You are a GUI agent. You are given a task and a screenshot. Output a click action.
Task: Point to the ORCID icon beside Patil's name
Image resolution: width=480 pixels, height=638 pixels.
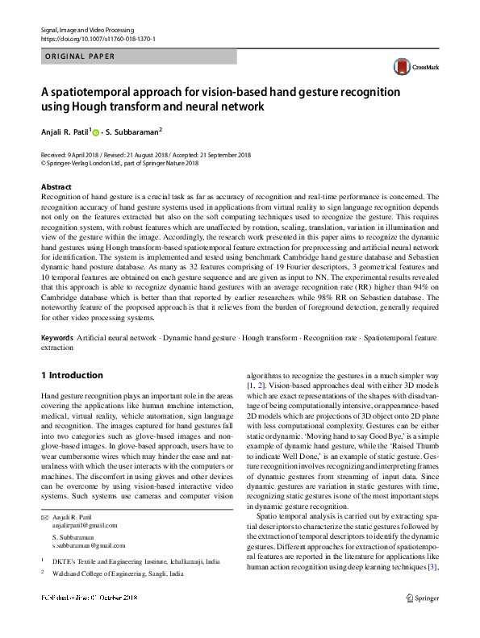click(x=96, y=131)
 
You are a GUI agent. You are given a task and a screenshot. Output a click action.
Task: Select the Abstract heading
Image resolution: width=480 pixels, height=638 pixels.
click(x=55, y=186)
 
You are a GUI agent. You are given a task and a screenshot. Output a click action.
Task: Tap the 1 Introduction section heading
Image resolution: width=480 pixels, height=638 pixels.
click(x=72, y=375)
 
